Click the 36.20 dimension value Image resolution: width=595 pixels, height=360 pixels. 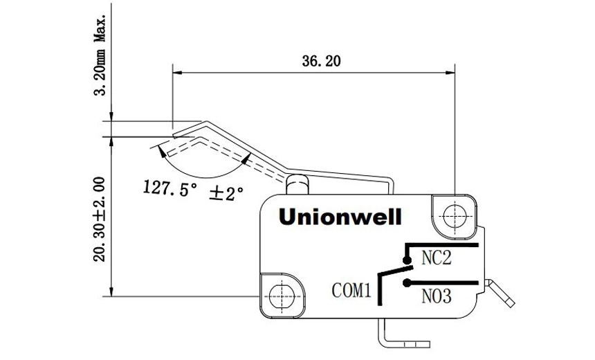321,62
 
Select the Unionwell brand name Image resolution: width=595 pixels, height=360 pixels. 340,217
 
